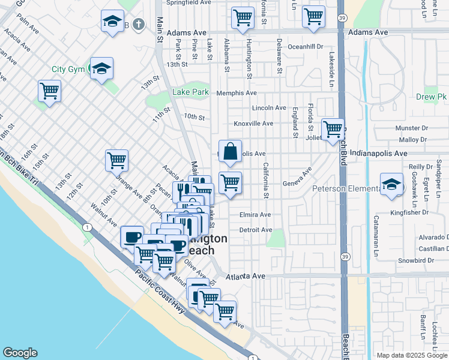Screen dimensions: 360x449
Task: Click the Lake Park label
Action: click(x=190, y=92)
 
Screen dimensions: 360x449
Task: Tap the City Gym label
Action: click(x=68, y=69)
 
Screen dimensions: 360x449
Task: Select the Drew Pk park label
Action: click(x=431, y=97)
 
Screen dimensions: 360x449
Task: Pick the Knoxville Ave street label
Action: click(x=253, y=123)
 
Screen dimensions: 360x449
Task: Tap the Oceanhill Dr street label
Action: click(x=306, y=46)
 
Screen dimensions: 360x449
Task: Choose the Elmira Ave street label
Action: click(x=255, y=214)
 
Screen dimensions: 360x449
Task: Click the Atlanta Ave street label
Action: click(x=246, y=276)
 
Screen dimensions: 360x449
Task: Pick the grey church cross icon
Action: click(x=139, y=25)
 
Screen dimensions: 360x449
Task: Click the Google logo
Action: click(x=20, y=353)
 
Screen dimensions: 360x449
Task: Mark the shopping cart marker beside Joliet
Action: click(x=332, y=129)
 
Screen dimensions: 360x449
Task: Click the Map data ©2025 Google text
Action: click(x=412, y=355)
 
